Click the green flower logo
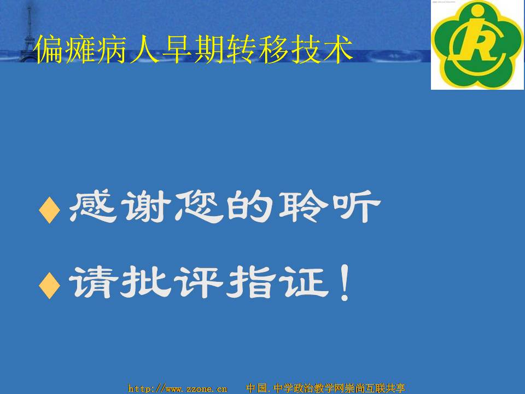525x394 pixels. point(477,44)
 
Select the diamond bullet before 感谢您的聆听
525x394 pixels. point(50,210)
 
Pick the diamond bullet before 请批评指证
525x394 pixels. point(50,286)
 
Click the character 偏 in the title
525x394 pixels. point(48,50)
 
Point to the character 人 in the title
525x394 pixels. point(144,50)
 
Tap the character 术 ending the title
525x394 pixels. point(337,50)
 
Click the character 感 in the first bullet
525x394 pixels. point(93,206)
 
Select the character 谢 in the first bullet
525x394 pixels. point(147,206)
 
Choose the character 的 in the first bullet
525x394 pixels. point(249,206)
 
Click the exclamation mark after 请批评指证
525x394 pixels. point(345,282)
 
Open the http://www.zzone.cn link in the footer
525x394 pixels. point(178,389)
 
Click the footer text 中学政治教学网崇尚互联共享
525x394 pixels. point(339,388)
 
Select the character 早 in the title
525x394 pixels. point(177,50)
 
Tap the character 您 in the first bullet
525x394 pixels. point(199,206)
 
